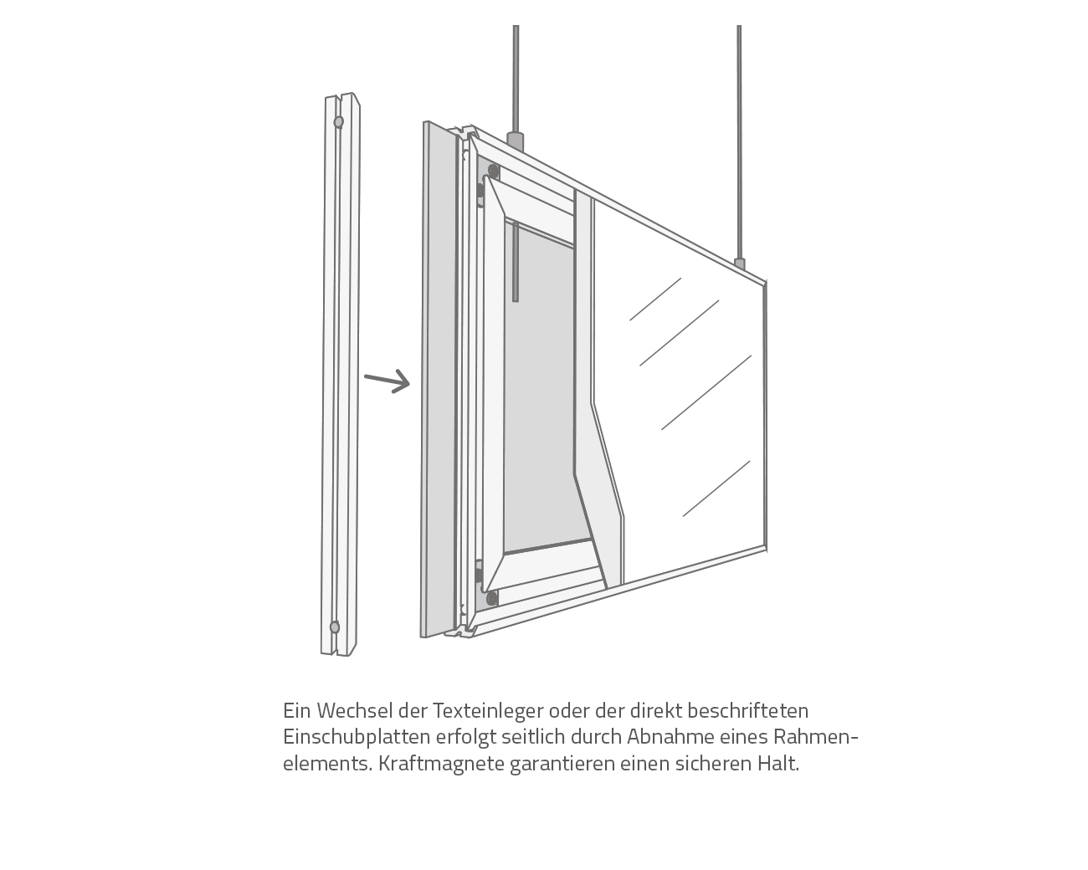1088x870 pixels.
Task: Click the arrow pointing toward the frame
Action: click(x=387, y=381)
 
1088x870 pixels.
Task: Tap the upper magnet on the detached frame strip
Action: click(x=338, y=122)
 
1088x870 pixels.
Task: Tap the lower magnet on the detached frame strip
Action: click(x=335, y=627)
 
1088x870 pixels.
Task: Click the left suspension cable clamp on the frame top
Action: click(x=516, y=140)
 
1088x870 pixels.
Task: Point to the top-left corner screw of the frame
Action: click(x=493, y=171)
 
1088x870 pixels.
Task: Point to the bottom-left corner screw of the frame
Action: click(x=492, y=598)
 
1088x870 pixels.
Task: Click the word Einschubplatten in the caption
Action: click(x=356, y=737)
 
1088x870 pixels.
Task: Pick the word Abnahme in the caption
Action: click(x=665, y=737)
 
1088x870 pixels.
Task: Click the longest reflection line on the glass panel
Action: click(x=706, y=392)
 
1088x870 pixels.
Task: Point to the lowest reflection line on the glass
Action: click(x=716, y=489)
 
